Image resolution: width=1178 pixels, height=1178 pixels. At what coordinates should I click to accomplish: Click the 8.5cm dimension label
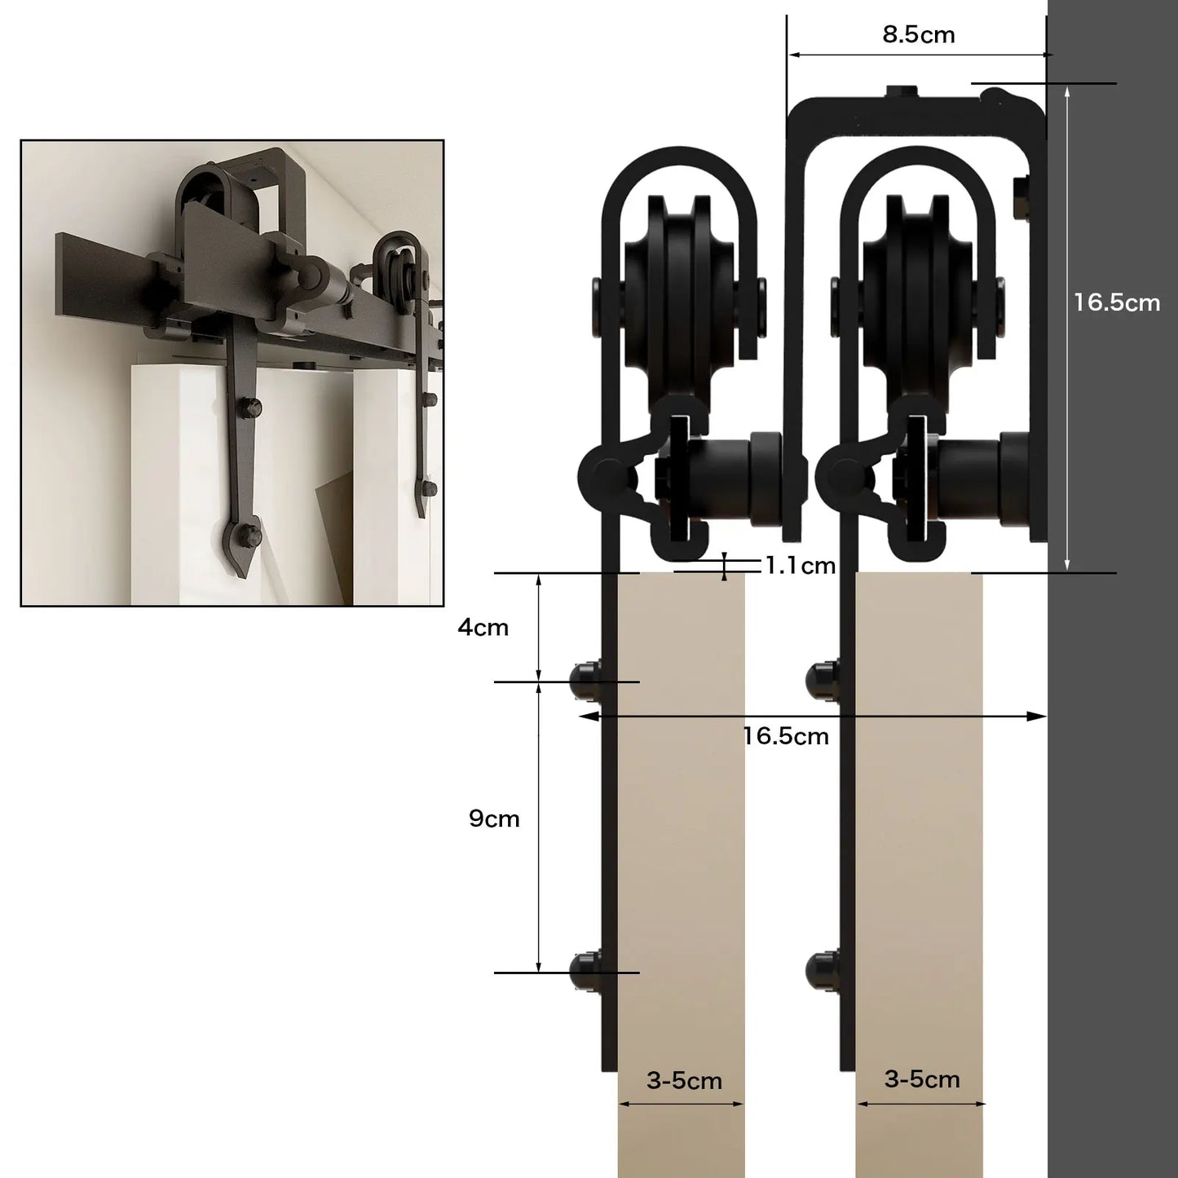tap(918, 35)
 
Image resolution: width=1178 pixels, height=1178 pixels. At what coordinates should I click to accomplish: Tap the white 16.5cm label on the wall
tap(1117, 302)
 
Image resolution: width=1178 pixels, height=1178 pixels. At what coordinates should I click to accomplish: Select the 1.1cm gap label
tap(801, 566)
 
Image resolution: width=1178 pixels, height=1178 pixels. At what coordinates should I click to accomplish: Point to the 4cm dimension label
tap(483, 627)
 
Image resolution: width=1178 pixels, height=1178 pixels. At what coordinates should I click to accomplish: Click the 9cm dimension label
tap(494, 818)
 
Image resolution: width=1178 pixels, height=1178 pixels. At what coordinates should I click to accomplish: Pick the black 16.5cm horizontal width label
tap(786, 736)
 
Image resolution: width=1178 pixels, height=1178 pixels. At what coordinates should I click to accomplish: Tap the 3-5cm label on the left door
tap(684, 1081)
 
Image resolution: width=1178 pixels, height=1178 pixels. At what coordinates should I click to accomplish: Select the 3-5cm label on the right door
tap(922, 1079)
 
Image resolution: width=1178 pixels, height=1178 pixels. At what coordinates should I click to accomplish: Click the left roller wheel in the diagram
tap(680, 299)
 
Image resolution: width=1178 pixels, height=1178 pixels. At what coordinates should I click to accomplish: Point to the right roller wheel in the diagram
tap(918, 299)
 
